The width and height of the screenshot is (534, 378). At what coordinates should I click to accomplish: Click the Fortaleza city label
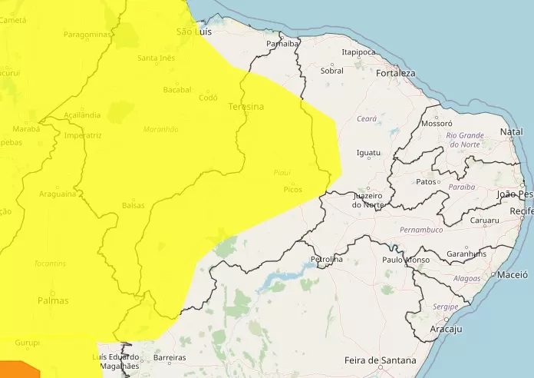(x=395, y=73)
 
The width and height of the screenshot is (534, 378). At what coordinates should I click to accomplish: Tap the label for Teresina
(x=246, y=107)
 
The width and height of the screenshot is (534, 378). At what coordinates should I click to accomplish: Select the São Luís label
(x=193, y=31)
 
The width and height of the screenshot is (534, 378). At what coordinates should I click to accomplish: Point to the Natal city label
(x=511, y=132)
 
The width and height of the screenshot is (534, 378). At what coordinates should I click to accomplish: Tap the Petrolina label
(x=326, y=260)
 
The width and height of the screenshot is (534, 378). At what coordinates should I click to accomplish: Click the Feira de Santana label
(x=381, y=360)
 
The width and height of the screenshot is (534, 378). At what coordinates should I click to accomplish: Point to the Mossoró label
(x=437, y=123)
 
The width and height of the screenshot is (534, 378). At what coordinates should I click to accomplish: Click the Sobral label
(x=332, y=71)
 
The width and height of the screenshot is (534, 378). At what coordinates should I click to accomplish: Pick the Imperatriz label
(x=84, y=135)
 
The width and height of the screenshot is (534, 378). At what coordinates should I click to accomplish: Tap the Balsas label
(x=133, y=205)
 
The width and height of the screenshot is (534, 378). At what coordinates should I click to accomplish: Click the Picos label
(x=292, y=189)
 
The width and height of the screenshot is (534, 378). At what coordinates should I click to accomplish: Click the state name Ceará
(x=367, y=118)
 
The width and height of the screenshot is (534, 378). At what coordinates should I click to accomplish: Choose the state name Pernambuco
(x=421, y=230)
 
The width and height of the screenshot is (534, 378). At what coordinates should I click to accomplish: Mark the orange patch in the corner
(x=19, y=370)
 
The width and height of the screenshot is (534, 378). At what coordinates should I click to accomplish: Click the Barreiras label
(x=170, y=358)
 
